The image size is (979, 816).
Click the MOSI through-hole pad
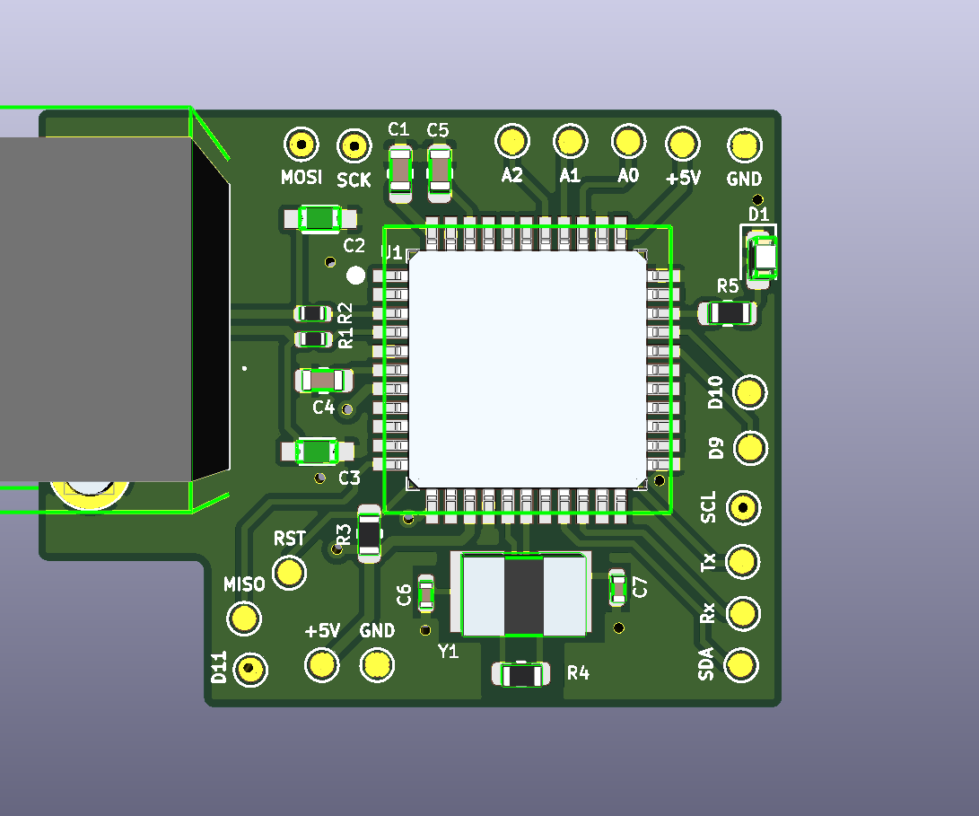pos(302,144)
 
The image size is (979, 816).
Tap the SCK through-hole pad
pos(354,145)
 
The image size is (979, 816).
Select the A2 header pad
pos(512,140)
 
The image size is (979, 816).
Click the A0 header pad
pos(628,140)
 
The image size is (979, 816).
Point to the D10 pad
pos(750,391)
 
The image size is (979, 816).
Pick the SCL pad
pos(742,508)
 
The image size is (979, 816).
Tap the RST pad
pos(289,571)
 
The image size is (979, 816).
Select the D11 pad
pos(250,669)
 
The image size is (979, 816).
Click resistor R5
pos(729,312)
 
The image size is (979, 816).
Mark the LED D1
pos(765,258)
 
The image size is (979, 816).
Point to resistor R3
pos(370,535)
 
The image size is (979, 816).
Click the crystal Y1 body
pos(524,594)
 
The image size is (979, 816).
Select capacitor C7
pos(617,588)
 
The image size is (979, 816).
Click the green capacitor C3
pos(317,451)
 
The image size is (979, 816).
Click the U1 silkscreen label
pos(392,254)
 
